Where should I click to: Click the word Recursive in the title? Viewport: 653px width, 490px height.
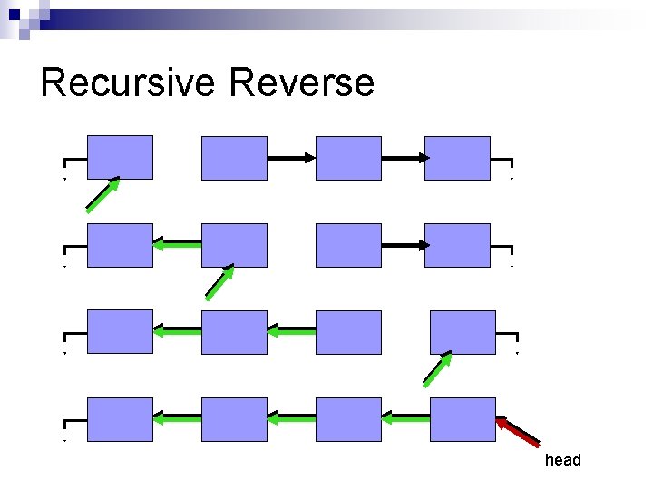point(127,83)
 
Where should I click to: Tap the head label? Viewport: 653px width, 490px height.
point(562,460)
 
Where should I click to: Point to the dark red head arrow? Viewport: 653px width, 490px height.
point(518,432)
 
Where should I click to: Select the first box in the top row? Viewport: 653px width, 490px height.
point(120,158)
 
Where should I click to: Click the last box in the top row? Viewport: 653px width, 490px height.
point(457,158)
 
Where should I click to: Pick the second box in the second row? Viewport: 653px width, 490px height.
point(234,245)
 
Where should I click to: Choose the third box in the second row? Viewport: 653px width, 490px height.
point(348,245)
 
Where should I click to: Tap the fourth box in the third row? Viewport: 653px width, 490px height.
point(463,332)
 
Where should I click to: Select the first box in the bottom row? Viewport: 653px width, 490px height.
point(120,419)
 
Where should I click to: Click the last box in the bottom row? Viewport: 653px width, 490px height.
point(463,419)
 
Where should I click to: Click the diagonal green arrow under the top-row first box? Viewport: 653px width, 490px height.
point(102,195)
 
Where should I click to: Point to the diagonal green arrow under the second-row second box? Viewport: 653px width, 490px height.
point(219,282)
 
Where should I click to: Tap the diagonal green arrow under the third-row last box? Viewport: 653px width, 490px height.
point(437,369)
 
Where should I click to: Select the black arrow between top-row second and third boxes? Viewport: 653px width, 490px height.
point(291,158)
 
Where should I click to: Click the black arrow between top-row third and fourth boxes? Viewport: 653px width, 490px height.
point(404,158)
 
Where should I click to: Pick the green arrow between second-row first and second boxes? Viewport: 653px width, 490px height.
point(177,243)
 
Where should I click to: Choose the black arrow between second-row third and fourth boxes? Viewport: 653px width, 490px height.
point(404,245)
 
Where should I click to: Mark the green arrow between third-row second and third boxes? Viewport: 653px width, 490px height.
point(291,331)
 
